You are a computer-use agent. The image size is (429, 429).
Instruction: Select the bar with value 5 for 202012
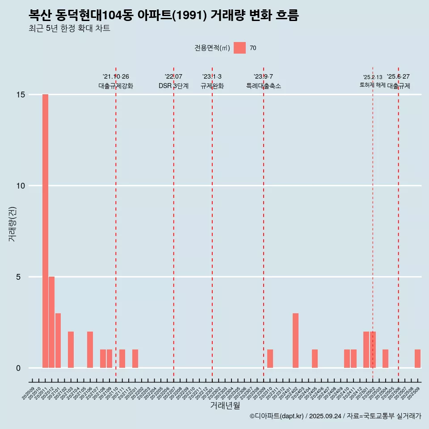tap(51, 322)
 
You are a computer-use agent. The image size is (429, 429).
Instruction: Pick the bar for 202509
tap(417, 358)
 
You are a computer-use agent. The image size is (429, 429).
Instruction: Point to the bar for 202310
tap(270, 358)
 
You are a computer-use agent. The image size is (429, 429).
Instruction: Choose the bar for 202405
tap(315, 358)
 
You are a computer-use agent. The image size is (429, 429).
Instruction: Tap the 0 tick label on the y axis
tap(18, 368)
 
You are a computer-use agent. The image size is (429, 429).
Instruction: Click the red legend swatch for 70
tap(240, 48)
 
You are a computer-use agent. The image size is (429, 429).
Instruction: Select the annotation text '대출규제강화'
tap(116, 86)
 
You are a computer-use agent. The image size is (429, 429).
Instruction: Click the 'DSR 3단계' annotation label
tap(173, 86)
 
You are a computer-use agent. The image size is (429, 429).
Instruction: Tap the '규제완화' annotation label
tap(212, 86)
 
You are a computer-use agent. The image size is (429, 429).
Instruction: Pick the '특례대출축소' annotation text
tap(264, 86)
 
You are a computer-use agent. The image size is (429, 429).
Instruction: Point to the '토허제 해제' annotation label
tap(372, 85)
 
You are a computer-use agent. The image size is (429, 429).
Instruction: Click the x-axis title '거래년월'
tap(225, 406)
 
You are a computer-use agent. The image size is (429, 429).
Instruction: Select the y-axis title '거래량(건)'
tap(12, 223)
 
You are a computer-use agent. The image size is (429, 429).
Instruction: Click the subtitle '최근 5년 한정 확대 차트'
tap(69, 29)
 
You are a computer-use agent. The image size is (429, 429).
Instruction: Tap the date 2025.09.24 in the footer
tap(325, 416)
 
